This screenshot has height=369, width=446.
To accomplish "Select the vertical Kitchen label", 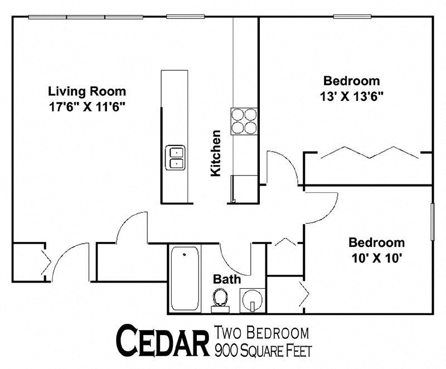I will click(x=216, y=153).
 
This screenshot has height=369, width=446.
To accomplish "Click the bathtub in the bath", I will click(x=186, y=279).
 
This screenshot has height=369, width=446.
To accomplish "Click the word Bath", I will click(x=226, y=279).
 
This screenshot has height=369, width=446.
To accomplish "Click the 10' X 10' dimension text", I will click(x=376, y=258).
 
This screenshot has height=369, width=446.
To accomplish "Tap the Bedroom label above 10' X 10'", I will click(x=376, y=242).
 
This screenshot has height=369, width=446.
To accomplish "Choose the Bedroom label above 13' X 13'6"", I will click(x=352, y=80).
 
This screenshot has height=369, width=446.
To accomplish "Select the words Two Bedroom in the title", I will click(x=261, y=334).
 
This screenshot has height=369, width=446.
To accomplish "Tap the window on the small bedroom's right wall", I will click(x=433, y=222).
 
